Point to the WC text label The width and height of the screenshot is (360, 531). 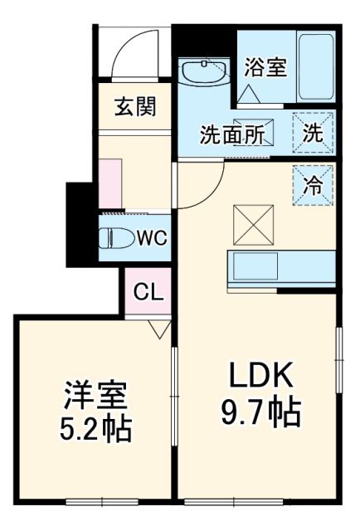tap(152, 238)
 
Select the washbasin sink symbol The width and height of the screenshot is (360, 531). tap(204, 73)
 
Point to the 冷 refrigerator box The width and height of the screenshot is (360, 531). tap(312, 185)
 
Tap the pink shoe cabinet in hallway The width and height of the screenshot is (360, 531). tap(111, 182)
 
